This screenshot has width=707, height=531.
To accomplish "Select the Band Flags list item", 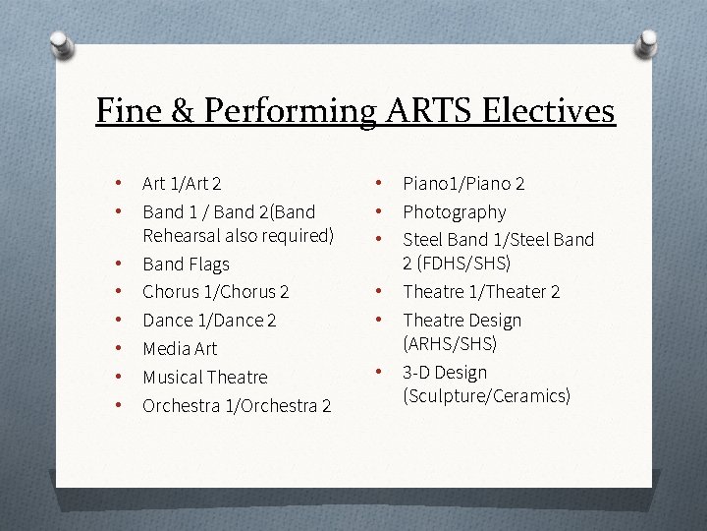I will click(186, 264).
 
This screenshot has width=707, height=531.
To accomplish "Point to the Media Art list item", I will click(180, 348).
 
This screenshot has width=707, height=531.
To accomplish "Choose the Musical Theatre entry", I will click(204, 377).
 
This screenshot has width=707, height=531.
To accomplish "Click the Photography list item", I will click(455, 211).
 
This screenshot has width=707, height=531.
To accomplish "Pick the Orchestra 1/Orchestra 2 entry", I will click(237, 405).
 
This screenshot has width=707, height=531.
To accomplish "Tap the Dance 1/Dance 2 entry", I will click(209, 320).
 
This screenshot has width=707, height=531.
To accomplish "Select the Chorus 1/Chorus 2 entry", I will click(216, 291).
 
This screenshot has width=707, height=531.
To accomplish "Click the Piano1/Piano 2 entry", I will click(463, 183).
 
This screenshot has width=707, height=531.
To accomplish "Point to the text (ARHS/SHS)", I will click(450, 344).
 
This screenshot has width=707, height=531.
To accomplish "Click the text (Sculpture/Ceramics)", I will click(486, 396).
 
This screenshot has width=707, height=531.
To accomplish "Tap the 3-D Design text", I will click(445, 372).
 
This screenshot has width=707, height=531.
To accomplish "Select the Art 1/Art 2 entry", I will click(182, 183).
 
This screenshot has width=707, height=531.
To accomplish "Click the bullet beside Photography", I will click(378, 211).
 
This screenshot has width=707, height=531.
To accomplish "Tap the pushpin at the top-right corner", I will click(647, 42).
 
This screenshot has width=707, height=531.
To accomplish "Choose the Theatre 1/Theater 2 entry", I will click(481, 291).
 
